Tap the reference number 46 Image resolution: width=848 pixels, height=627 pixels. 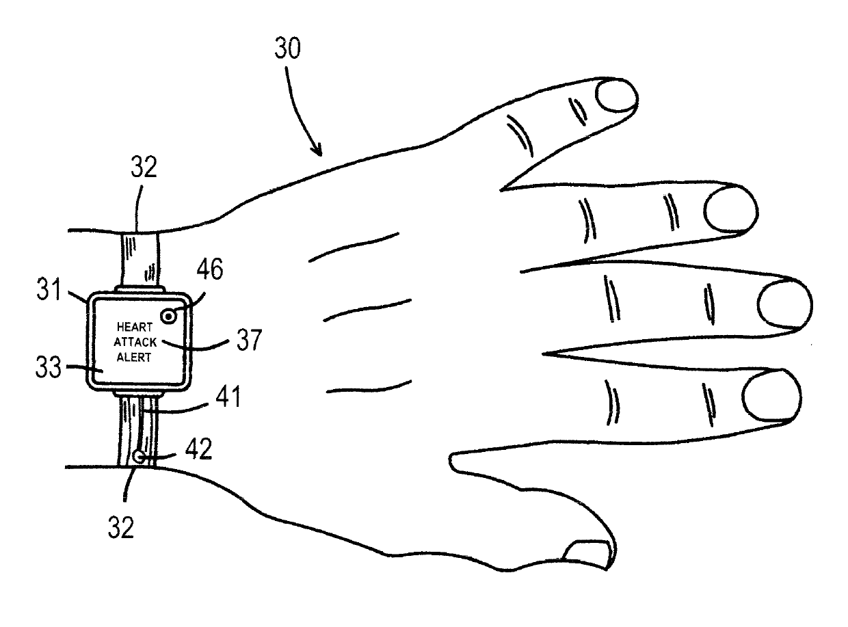pyautogui.click(x=209, y=270)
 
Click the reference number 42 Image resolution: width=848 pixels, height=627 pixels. pyautogui.click(x=199, y=449)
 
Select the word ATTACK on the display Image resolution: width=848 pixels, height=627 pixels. pyautogui.click(x=135, y=341)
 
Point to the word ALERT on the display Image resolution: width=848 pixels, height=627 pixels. pyautogui.click(x=134, y=356)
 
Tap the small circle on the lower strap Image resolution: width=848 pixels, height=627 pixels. pyautogui.click(x=140, y=456)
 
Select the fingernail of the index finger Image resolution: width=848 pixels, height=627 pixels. pyautogui.click(x=770, y=397)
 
